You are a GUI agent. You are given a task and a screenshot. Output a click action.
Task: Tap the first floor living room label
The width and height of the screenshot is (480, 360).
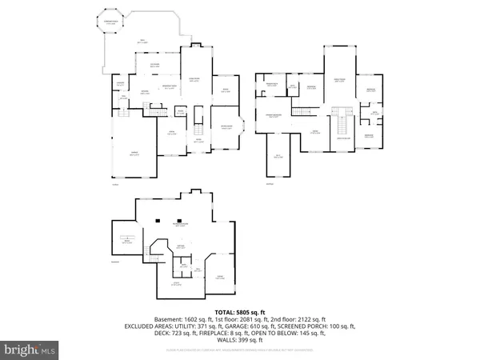click(194, 79)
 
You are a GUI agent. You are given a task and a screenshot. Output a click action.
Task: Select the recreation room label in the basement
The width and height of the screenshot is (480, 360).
click(183, 225)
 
